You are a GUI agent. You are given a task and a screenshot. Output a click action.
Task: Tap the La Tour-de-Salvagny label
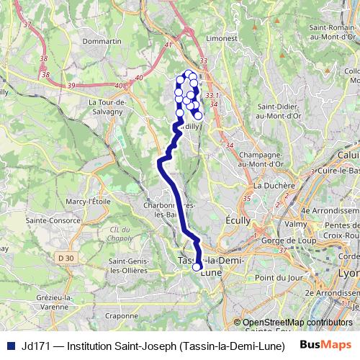(x=108, y=106)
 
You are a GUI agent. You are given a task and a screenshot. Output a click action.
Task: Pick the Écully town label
(x=238, y=220)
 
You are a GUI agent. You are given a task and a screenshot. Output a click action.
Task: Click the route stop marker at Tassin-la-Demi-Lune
(x=196, y=267)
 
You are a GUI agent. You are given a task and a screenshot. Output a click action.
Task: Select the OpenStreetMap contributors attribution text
(x=297, y=323)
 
